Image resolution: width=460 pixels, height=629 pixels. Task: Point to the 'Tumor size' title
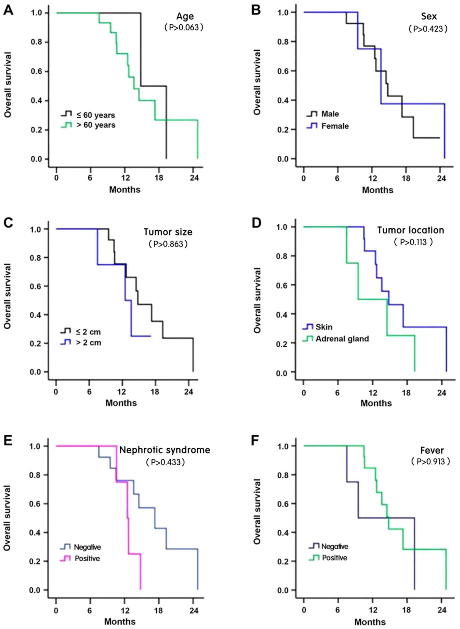coord(168,232)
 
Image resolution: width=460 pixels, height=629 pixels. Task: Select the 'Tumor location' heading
coord(410,230)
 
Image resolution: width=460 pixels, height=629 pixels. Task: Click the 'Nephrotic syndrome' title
coord(165,450)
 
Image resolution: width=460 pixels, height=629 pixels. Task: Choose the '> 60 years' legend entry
coord(96,125)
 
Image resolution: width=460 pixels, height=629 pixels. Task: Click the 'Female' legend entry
coord(335,126)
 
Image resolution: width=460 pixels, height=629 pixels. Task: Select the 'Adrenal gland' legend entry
coord(342,339)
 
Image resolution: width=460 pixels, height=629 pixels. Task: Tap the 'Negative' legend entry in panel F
coord(335,546)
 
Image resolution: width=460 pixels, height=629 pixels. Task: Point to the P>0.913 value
coord(431,462)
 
